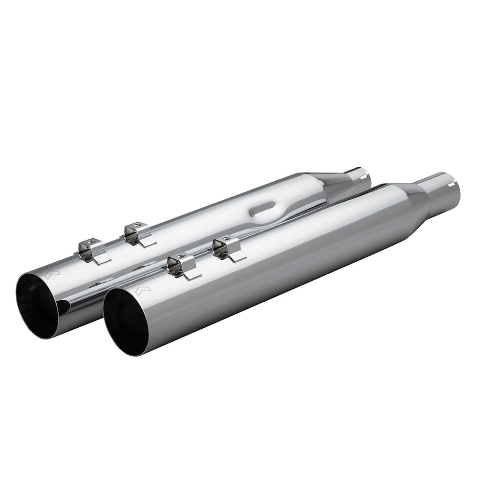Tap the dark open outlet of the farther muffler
[x=39, y=301]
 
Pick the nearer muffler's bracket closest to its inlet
[x=228, y=248]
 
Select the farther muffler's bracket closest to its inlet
[x=137, y=234]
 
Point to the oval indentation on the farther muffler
[x=260, y=210]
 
